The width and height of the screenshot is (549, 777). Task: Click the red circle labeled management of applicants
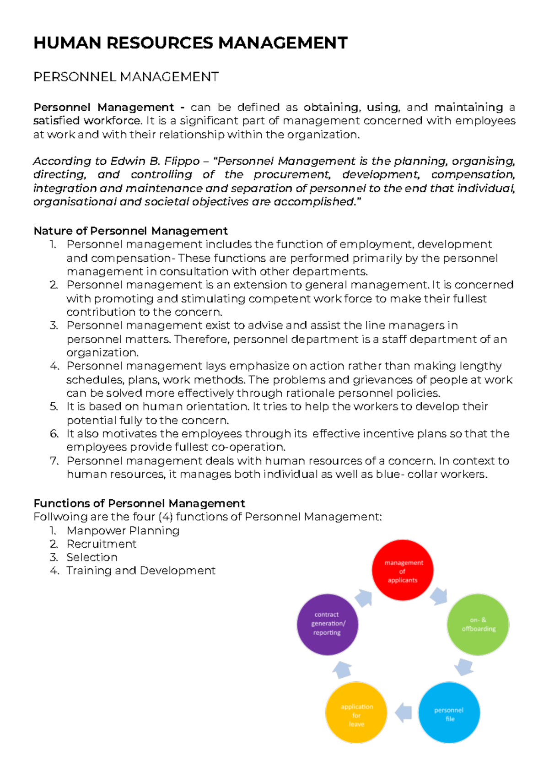click(403, 570)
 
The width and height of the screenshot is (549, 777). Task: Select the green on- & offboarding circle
click(478, 625)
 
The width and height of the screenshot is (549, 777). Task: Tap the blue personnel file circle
click(449, 713)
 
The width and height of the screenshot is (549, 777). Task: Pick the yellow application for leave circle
click(356, 713)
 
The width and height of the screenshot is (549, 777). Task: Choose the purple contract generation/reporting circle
click(328, 624)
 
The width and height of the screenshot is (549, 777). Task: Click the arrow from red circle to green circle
click(439, 596)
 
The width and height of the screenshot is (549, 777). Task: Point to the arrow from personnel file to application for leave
click(404, 713)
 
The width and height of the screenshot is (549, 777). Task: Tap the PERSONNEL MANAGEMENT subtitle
click(126, 77)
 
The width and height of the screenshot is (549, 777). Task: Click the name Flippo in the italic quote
click(182, 161)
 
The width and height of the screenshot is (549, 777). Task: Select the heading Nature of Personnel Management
click(130, 231)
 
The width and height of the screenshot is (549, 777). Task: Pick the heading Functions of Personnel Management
click(139, 503)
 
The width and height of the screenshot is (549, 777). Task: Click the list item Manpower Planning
click(123, 531)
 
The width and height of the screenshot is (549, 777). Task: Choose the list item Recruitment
click(101, 544)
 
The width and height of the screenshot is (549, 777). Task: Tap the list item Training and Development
click(140, 571)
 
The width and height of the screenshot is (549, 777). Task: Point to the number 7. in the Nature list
click(54, 461)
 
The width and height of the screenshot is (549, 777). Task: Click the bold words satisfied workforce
click(87, 121)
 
